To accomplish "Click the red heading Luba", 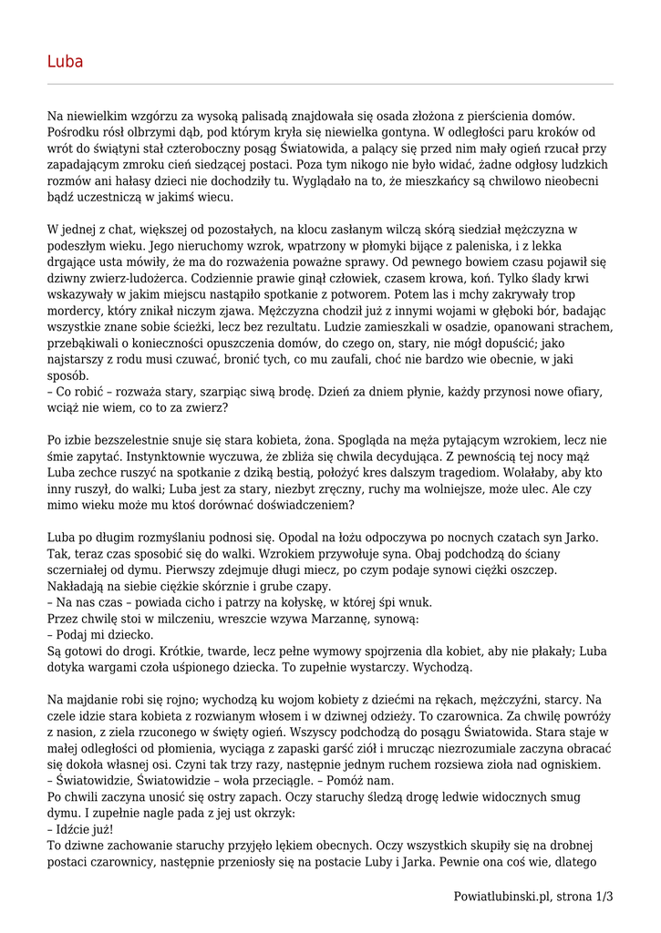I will [65, 62].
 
